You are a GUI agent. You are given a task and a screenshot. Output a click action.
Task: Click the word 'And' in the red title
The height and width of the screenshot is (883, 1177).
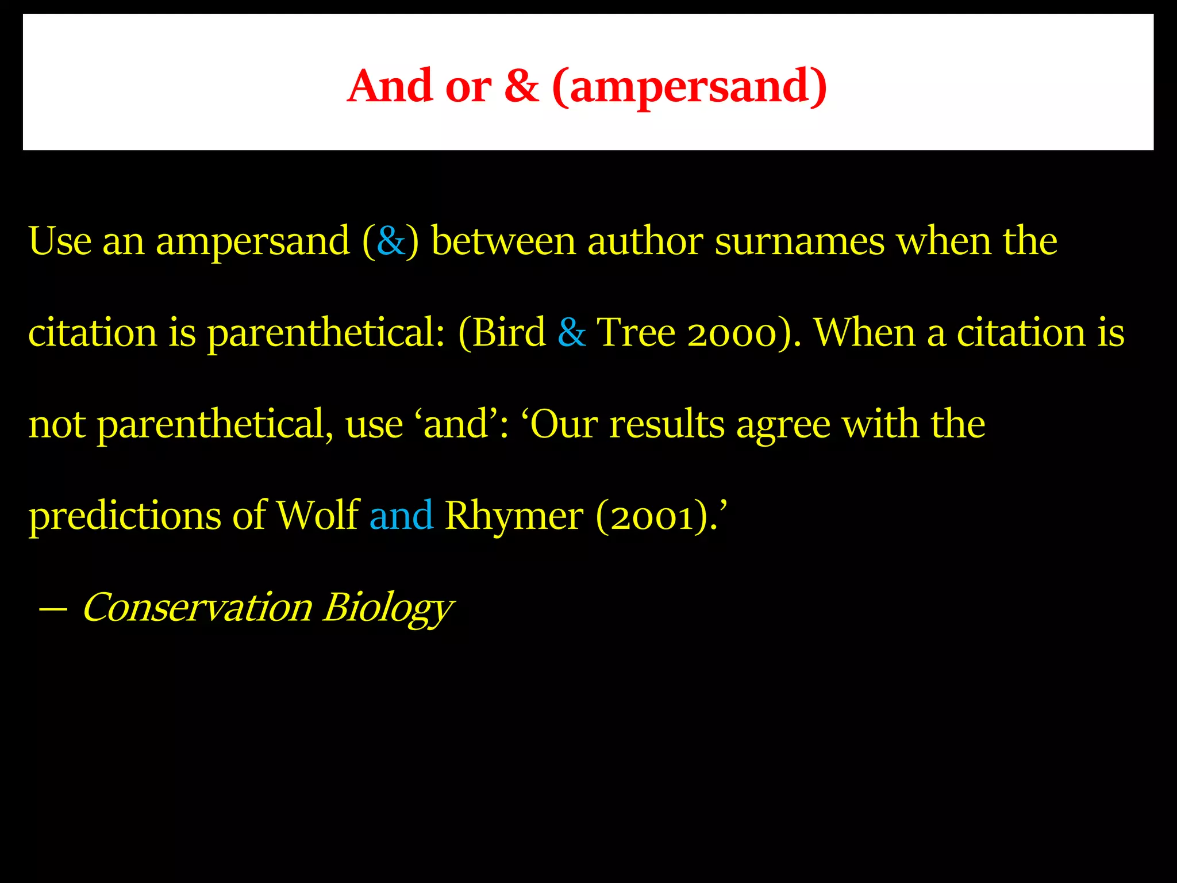coord(390,86)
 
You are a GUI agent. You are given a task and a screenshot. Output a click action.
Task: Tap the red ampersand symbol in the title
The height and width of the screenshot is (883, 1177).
coord(522,86)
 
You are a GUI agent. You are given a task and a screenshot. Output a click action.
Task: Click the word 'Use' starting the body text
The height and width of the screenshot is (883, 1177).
coord(60,241)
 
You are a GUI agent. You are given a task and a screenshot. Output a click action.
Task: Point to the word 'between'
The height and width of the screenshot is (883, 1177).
coord(503,241)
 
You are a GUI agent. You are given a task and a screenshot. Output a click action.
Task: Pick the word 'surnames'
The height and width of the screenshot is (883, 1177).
coord(799,242)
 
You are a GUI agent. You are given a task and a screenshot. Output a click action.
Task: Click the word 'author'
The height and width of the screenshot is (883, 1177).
coord(645,241)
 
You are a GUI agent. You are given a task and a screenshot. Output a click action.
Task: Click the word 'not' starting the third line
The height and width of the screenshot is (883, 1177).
coord(57,425)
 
